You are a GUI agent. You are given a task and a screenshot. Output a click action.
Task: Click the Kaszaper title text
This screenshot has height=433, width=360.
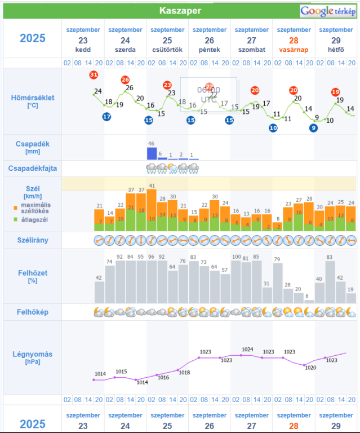[180, 11]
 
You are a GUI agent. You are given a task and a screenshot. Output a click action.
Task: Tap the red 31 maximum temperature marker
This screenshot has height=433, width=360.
[94, 74]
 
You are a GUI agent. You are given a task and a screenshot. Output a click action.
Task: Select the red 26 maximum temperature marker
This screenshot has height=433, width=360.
[125, 80]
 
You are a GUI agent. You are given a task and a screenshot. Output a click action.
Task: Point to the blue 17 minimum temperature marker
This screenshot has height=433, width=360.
[106, 117]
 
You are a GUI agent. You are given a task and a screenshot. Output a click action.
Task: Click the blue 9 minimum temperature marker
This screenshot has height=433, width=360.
[313, 127]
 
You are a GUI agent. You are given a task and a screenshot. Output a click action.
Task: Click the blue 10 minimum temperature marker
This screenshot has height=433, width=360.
[273, 127]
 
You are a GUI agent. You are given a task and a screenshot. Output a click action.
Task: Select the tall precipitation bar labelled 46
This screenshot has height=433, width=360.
[151, 153]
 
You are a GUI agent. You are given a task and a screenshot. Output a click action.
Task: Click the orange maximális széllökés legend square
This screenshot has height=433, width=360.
[16, 207]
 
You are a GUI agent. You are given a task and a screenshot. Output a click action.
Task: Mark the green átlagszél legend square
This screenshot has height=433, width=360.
[16, 219]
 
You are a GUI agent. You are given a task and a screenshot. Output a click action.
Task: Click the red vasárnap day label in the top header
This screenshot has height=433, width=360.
[294, 50]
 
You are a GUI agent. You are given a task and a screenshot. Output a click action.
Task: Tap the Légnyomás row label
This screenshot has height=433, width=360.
[32, 354]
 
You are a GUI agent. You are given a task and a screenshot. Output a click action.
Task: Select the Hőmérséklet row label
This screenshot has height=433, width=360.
[33, 98]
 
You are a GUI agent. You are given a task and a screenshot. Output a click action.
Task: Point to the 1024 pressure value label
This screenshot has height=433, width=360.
[247, 350]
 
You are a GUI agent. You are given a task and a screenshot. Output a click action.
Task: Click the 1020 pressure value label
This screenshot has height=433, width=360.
[310, 368]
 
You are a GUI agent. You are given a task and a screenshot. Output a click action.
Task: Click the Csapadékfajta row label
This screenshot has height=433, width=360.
[33, 168]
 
